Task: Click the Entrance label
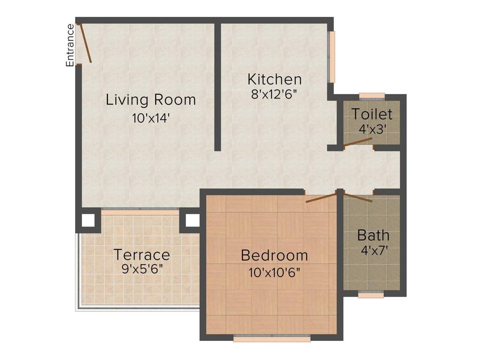click(x=70, y=45)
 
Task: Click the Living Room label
click(x=150, y=100)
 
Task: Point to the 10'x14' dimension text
click(x=150, y=118)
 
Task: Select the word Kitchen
click(x=274, y=78)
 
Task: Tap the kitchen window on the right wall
click(x=332, y=57)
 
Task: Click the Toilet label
click(x=372, y=114)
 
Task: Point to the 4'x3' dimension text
click(x=372, y=129)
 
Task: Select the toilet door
click(x=358, y=142)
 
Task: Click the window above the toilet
click(x=372, y=96)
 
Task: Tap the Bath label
click(x=373, y=234)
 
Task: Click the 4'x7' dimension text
click(x=373, y=249)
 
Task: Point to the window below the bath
click(x=371, y=294)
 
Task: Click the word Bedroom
click(x=274, y=255)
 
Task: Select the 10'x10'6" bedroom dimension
click(x=274, y=272)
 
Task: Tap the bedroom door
click(x=322, y=197)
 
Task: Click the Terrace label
click(x=142, y=255)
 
